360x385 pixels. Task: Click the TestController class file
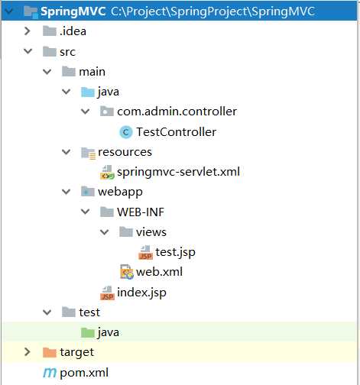[x=177, y=132]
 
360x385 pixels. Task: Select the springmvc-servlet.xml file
[x=178, y=172]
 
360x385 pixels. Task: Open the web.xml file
[x=159, y=272]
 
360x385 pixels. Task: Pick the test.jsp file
[x=176, y=252]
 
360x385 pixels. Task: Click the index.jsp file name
[x=141, y=293]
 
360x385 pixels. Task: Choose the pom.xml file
[x=84, y=373]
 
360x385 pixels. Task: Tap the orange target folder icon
[x=50, y=352]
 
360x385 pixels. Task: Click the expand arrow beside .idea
[x=27, y=31]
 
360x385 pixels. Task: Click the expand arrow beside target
[x=27, y=352]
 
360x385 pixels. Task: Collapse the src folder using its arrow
[x=28, y=51]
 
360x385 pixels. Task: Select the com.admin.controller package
[x=177, y=112]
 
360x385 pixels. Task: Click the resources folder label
[x=125, y=152]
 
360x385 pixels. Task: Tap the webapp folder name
[x=120, y=192]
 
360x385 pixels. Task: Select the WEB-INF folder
[x=141, y=212]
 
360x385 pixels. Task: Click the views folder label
[x=151, y=232]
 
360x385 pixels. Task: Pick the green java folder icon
[x=88, y=332]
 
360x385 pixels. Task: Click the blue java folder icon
[x=88, y=92]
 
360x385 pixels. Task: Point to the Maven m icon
[x=50, y=373]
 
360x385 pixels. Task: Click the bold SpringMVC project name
[x=73, y=11]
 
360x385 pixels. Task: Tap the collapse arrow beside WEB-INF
[x=85, y=212]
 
